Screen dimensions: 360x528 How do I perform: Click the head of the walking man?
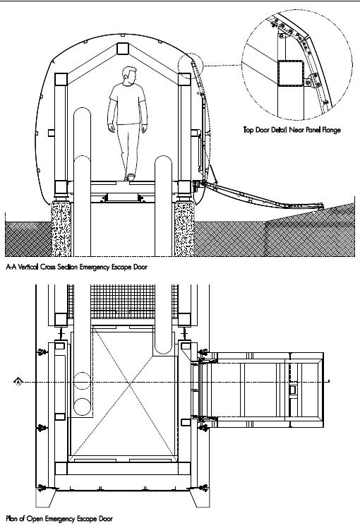point(129,75)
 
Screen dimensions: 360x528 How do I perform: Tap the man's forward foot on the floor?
point(130,177)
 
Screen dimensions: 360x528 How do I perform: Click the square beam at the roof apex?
point(122,49)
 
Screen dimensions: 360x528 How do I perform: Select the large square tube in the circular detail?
point(290,73)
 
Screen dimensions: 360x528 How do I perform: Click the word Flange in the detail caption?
point(331,130)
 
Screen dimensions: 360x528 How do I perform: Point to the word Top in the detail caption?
point(248,130)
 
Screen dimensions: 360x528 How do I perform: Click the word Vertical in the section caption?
point(30,267)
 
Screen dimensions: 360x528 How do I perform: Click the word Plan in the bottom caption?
point(12,518)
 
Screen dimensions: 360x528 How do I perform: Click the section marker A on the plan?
point(18,381)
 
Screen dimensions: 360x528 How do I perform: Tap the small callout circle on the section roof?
point(191,66)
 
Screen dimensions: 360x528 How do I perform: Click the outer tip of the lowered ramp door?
point(323,205)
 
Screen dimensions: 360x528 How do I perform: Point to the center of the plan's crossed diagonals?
point(129,383)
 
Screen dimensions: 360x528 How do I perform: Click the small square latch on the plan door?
point(293,390)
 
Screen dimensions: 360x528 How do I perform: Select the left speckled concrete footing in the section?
point(61,229)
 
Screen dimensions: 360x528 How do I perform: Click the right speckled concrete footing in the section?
point(184,229)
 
